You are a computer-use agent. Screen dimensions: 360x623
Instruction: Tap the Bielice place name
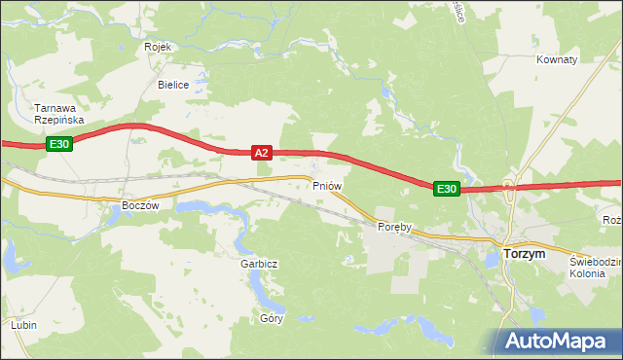(173, 85)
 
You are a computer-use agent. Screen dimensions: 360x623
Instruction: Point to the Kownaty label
(557, 59)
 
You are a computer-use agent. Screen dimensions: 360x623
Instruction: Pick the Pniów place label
(325, 184)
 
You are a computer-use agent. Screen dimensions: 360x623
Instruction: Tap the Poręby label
(395, 227)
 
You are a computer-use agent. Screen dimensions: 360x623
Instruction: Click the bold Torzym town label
(526, 253)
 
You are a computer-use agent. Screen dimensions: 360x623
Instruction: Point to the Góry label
(271, 318)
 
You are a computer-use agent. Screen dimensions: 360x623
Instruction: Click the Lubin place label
(24, 324)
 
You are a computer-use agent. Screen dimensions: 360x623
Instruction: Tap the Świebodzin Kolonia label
(595, 267)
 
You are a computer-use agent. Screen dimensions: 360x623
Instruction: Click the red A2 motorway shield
(261, 153)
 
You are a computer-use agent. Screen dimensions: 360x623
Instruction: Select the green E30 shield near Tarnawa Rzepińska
(59, 144)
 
